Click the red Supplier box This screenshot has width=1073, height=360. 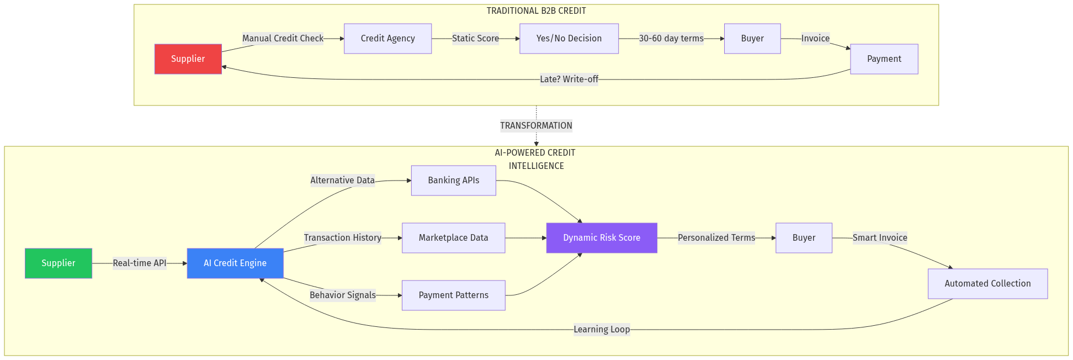point(188,59)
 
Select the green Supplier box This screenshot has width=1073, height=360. point(59,263)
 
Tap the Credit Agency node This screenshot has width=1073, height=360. point(387,39)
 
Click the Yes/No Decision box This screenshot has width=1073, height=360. point(569,39)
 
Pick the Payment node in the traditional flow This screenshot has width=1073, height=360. point(884,59)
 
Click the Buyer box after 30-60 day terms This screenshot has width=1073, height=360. point(752,39)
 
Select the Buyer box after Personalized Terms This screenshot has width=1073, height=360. point(804,238)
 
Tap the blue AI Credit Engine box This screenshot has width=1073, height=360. point(235,263)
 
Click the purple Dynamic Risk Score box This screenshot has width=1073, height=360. point(602,238)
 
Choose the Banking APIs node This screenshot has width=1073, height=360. point(453,181)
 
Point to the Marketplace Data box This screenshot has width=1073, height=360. point(453,238)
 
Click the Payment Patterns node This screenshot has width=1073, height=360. point(453,295)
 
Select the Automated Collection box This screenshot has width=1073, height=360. point(987,284)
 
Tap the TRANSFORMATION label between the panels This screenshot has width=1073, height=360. point(536,126)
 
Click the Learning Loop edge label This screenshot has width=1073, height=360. point(602,330)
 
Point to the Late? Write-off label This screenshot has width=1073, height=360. point(569,80)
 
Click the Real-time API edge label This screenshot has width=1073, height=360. point(139,263)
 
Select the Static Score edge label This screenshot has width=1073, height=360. point(475,39)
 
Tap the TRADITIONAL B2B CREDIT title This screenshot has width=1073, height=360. point(536,11)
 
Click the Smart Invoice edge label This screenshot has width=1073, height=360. point(880,238)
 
